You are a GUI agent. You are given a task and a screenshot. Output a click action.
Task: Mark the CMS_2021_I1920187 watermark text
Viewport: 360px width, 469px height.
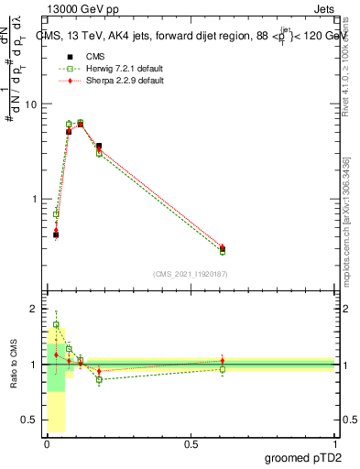coord(191,273)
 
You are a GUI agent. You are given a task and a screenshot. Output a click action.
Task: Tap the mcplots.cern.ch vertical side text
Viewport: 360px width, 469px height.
coord(347,229)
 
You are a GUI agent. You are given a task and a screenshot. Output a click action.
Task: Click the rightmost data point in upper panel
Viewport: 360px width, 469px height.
coord(223,248)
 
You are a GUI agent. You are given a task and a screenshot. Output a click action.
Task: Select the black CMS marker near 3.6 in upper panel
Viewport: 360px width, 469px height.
coord(99,146)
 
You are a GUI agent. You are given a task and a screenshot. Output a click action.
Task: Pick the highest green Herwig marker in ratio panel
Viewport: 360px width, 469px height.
coord(56,325)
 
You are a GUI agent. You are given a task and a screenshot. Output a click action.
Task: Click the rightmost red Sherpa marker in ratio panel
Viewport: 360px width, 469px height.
coord(223,361)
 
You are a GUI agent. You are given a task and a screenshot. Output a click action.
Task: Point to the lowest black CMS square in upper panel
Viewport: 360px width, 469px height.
coord(56,234)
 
